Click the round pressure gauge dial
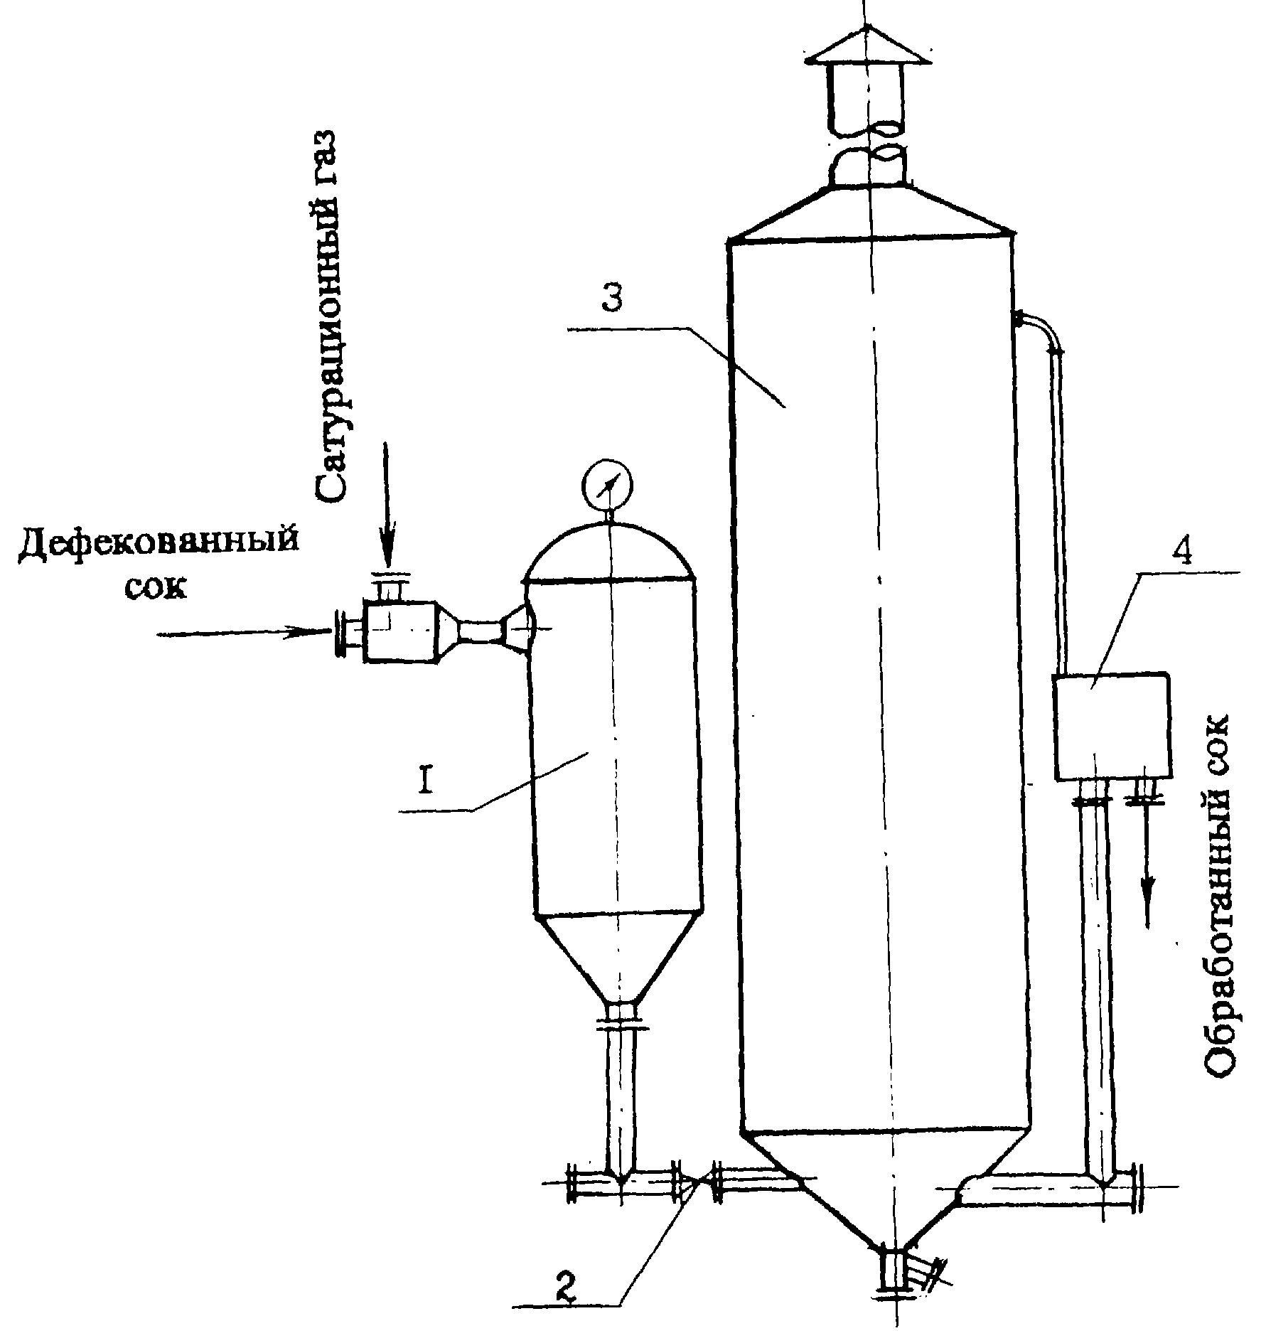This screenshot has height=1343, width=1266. coord(608,483)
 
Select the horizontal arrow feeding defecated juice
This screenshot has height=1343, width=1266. coord(242,632)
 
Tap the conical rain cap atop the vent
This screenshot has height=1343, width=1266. coord(867,46)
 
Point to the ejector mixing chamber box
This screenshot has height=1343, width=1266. coord(399,631)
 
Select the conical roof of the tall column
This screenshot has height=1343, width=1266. coord(871,212)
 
